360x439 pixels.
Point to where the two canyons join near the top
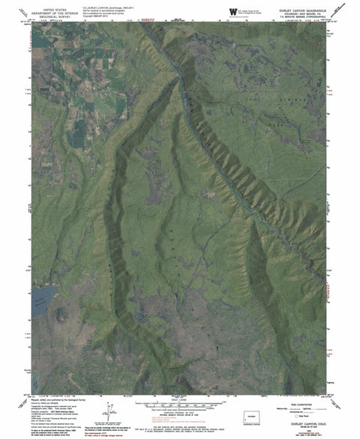pyautogui.click(x=178, y=71)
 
